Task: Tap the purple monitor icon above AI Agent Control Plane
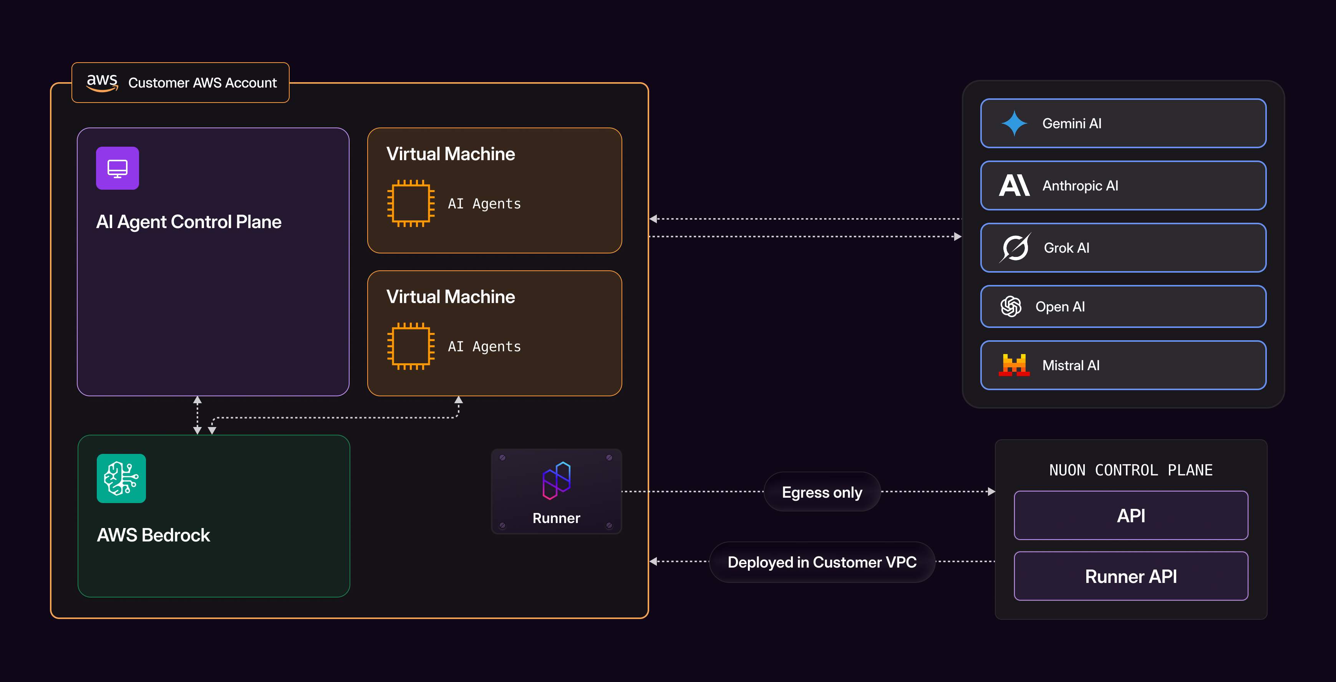[x=117, y=168]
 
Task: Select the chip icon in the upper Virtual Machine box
[x=411, y=203]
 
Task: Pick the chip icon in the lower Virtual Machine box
[x=411, y=346]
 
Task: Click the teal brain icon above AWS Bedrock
[x=121, y=478]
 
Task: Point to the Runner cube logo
[x=557, y=481]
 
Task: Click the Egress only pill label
[x=822, y=492]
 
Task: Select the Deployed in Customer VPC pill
[x=822, y=562]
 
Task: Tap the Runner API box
[x=1130, y=576]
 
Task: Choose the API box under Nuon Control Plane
[x=1130, y=515]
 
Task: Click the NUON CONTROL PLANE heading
[x=1130, y=470]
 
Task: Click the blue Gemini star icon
[x=1014, y=123]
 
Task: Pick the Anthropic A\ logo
[x=1014, y=185]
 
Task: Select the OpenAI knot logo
[x=1011, y=306]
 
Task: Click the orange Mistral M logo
[x=1014, y=365]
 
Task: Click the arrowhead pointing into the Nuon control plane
[x=991, y=492]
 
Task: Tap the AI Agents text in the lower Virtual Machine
[x=484, y=346]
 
